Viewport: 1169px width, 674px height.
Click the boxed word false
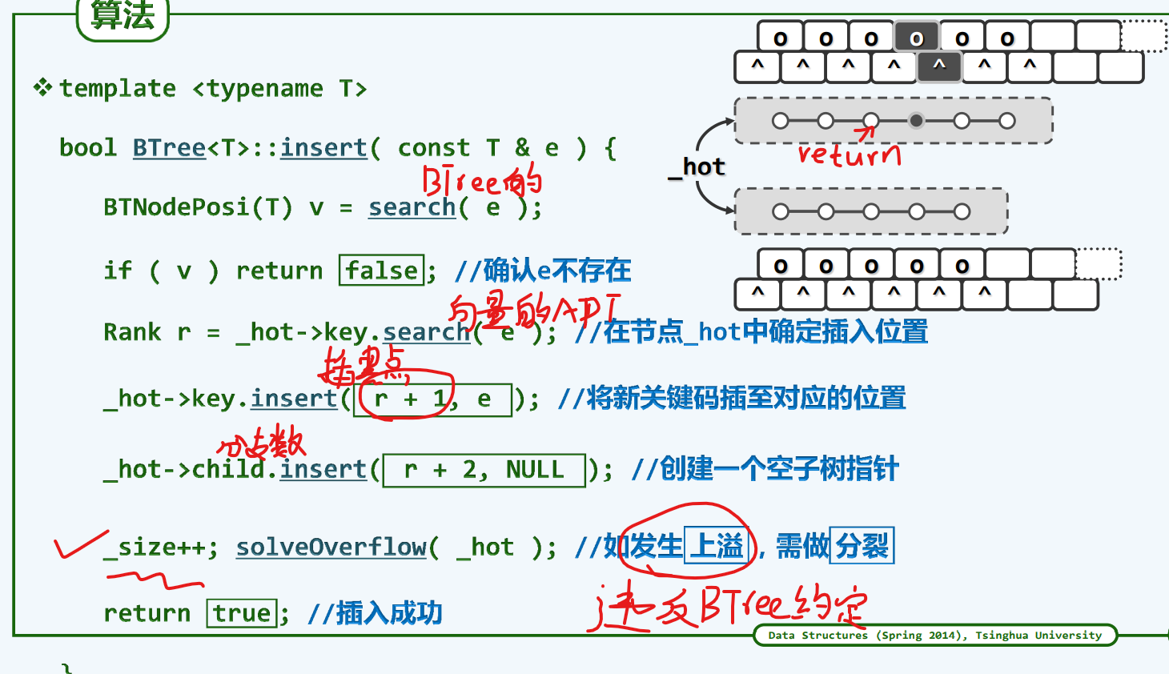tap(382, 271)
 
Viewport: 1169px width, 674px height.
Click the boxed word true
tap(242, 613)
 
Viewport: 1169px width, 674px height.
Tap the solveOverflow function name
tap(331, 547)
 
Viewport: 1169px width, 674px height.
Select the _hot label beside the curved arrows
tap(697, 166)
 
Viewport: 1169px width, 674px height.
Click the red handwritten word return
tap(849, 153)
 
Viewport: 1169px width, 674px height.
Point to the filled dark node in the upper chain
tap(916, 121)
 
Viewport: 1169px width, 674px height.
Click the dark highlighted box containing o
tap(917, 38)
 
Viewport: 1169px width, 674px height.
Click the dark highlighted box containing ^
tap(939, 66)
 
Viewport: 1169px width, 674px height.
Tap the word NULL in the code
tap(534, 469)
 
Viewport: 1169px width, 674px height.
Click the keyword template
tap(118, 88)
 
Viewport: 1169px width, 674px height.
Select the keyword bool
tap(88, 147)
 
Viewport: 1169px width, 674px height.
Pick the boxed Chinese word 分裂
tap(862, 546)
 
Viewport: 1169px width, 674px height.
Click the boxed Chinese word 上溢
tap(717, 546)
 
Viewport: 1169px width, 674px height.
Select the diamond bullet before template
tap(42, 86)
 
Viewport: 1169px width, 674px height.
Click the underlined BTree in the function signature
tap(169, 147)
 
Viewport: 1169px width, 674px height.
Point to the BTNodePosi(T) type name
tap(198, 207)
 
